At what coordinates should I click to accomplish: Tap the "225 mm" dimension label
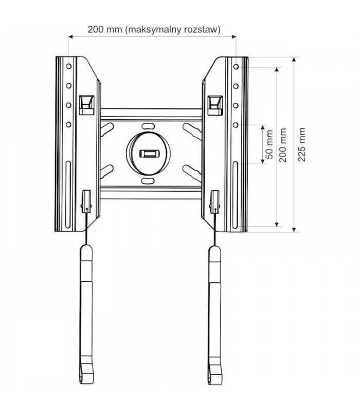pos(302,144)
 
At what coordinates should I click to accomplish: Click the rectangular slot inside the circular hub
pos(148,153)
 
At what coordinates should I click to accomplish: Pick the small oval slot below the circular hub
pos(147,181)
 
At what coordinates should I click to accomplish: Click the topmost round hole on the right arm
pos(236,67)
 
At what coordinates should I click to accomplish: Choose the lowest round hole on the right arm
pos(236,124)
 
